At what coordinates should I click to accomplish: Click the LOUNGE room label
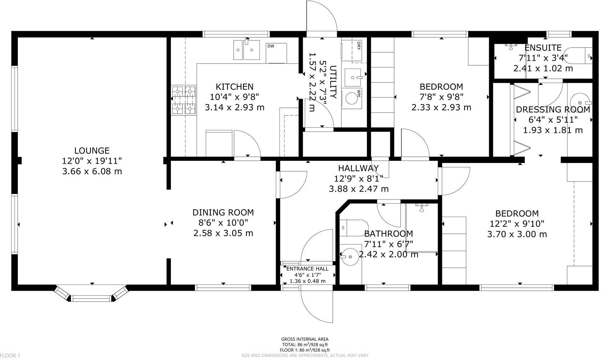(92, 151)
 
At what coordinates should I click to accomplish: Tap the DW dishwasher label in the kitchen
(270, 46)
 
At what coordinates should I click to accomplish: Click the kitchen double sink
(247, 50)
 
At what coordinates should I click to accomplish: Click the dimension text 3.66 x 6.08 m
(92, 171)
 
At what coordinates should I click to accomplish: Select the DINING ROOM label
(223, 213)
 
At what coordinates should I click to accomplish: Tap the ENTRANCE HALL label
(307, 269)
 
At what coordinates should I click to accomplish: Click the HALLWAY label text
(358, 168)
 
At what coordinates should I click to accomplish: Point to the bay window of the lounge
(91, 294)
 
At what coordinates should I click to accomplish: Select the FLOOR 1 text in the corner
(10, 356)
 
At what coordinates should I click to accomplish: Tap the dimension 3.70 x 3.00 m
(517, 234)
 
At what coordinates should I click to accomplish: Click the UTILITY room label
(334, 82)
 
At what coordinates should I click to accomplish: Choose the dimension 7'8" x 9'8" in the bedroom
(441, 97)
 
